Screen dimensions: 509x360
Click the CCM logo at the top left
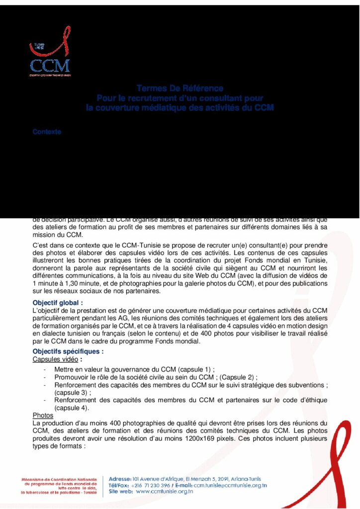[50, 58]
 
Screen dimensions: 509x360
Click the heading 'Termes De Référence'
[180, 88]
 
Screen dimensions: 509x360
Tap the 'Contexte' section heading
[47, 132]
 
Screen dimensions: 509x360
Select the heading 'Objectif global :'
[58, 302]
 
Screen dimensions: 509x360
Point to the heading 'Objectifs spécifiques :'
[68, 351]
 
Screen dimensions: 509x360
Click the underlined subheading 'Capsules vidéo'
[55, 359]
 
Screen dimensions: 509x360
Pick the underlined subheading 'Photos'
[43, 415]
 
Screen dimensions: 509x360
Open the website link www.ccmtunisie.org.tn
[165, 492]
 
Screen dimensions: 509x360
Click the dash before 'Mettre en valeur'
[45, 370]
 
